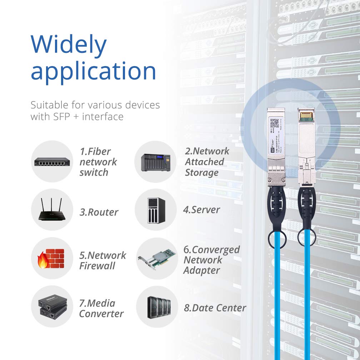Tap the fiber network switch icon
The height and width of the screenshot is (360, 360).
point(52,162)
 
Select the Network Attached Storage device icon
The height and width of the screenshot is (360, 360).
point(155,162)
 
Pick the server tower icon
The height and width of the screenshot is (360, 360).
point(156,210)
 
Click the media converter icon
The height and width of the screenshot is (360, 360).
point(52,307)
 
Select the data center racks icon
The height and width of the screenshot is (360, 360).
point(157,307)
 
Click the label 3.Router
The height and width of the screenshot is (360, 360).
point(99,212)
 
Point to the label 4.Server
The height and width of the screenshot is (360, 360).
point(201,210)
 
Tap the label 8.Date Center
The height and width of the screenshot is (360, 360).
point(215,308)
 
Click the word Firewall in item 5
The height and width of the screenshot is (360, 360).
point(97,266)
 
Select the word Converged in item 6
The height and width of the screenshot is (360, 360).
point(216,250)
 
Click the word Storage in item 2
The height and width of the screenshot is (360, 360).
point(201,173)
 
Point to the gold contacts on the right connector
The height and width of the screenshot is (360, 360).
point(306,117)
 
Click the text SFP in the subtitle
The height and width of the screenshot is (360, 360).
point(59,116)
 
